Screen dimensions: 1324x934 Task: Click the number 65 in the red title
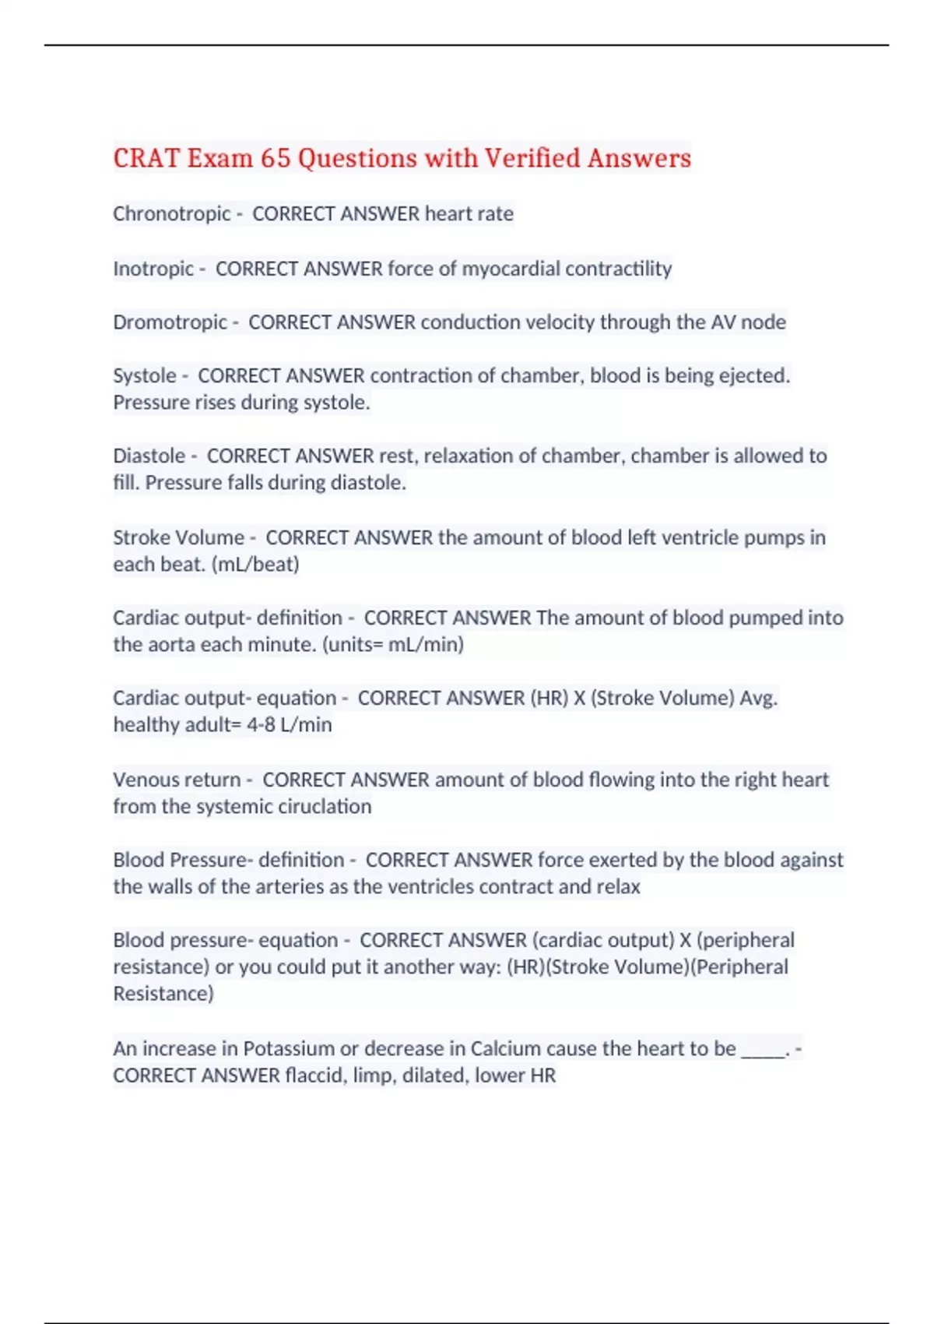[275, 158]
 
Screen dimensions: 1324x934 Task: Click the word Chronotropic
[171, 213]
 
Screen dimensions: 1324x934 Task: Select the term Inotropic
[153, 269]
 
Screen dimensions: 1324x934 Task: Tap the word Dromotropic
[170, 322]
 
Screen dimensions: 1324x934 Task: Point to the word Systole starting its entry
[144, 375]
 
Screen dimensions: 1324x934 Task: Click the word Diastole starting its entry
[149, 456]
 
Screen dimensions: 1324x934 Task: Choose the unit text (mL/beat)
[255, 564]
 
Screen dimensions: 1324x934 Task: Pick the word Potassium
[288, 1048]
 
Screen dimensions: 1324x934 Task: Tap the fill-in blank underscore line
[763, 1051]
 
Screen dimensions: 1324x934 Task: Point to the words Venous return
[176, 780]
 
